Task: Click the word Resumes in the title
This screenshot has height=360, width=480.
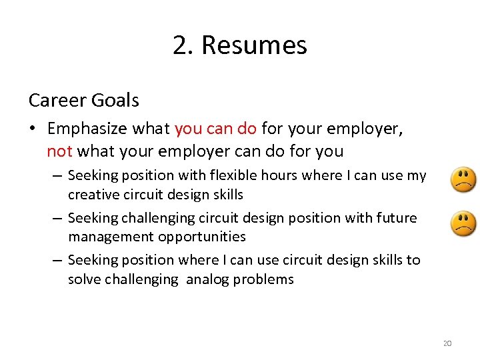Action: point(254,45)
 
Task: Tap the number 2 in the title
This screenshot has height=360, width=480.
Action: point(179,45)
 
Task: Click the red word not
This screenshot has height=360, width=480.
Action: point(59,151)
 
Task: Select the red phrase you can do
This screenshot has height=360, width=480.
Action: point(215,128)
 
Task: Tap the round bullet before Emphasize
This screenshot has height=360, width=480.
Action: point(33,129)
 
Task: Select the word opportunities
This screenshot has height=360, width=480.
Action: point(203,237)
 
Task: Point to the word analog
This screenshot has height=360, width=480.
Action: point(207,279)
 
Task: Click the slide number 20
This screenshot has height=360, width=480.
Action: point(447,343)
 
